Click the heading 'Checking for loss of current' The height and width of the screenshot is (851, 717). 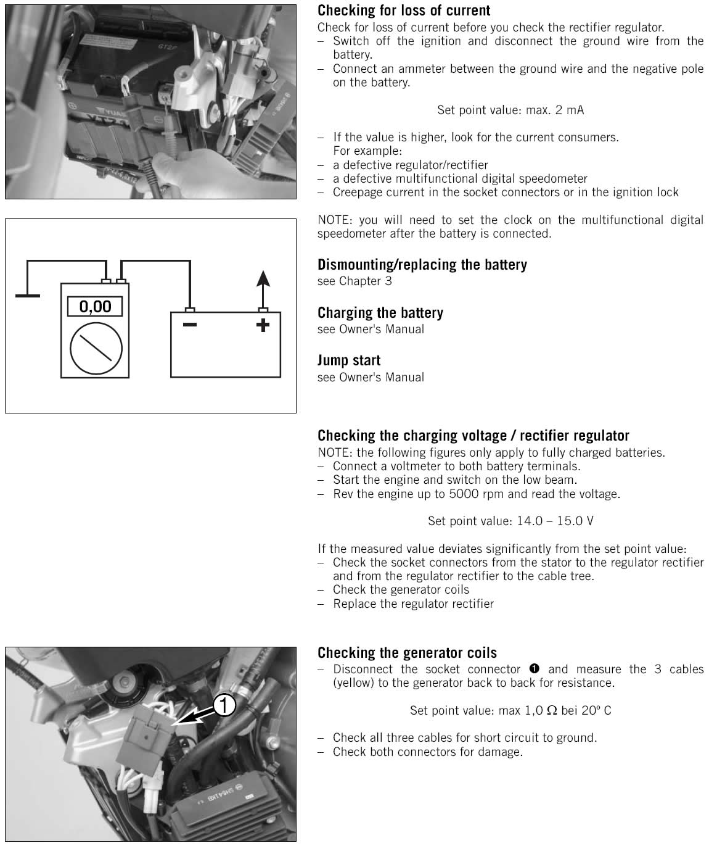coord(404,10)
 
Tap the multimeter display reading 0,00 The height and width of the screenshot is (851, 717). coord(95,306)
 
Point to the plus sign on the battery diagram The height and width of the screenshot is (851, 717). coord(263,324)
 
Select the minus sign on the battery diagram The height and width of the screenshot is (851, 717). coord(190,324)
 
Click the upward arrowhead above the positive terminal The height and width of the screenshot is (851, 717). coord(263,279)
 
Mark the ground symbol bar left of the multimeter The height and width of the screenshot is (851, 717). coord(27,296)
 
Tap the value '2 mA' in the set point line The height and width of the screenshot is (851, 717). coord(570,110)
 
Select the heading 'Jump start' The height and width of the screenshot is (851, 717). coord(349,360)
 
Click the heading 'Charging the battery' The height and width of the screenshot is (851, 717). coord(380,313)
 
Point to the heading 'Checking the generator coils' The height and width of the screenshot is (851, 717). coord(407,653)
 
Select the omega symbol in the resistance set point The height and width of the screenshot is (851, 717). coord(552,710)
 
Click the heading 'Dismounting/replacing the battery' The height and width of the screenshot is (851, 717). coord(422,265)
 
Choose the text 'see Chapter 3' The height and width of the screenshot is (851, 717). coord(354,281)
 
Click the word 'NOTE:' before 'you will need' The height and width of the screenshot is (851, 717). coord(336,220)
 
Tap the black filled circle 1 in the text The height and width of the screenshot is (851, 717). coord(535,669)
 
